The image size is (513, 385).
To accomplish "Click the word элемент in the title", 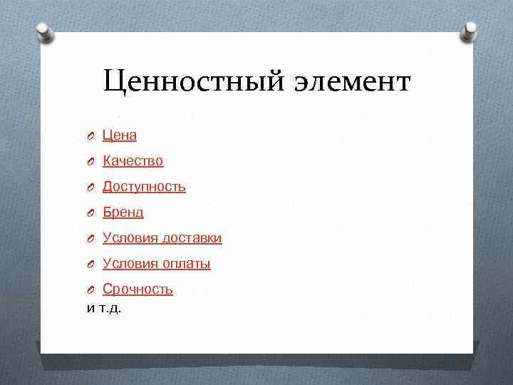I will pyautogui.click(x=351, y=83).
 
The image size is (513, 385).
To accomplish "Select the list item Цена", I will pyautogui.click(x=119, y=135).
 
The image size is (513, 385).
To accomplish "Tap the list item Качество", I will pyautogui.click(x=133, y=161).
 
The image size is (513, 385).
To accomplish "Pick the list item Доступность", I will pyautogui.click(x=144, y=187).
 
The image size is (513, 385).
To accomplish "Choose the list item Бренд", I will pyautogui.click(x=123, y=212).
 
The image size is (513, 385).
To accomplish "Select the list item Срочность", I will pyautogui.click(x=138, y=289).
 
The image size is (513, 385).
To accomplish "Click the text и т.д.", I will pyautogui.click(x=103, y=308).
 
